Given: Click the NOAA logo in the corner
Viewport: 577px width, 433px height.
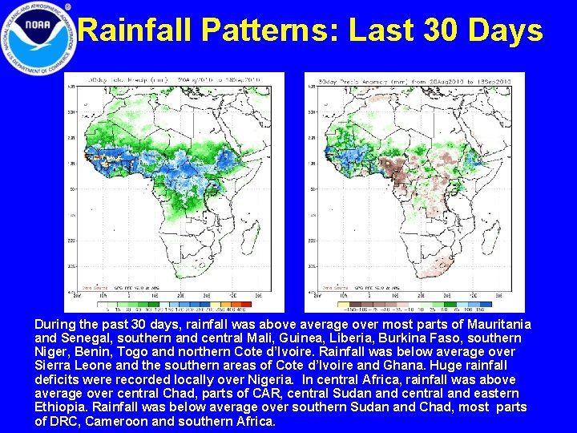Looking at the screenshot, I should tap(38, 38).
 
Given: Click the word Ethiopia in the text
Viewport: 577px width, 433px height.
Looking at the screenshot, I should tap(62, 407).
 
